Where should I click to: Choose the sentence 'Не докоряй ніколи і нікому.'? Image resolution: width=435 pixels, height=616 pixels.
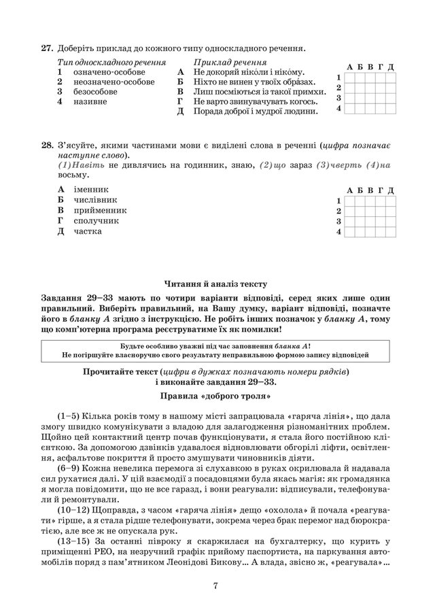click(x=248, y=71)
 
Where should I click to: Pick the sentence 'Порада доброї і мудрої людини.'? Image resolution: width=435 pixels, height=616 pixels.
click(x=256, y=111)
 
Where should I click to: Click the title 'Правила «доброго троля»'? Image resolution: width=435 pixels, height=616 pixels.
click(x=217, y=394)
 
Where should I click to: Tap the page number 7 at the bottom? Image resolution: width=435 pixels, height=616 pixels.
click(x=215, y=587)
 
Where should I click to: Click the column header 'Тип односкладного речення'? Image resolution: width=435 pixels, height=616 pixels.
click(x=112, y=61)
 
